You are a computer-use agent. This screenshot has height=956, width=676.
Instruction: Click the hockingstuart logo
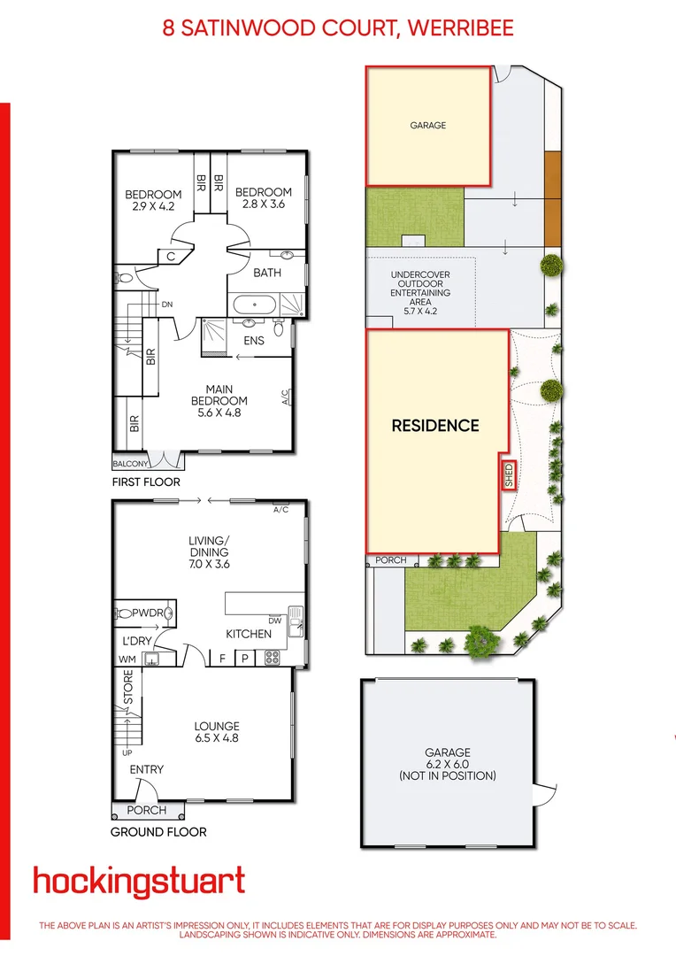(139, 881)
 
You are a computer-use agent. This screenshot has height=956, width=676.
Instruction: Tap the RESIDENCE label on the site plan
(435, 426)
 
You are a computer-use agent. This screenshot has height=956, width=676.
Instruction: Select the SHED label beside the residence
(509, 475)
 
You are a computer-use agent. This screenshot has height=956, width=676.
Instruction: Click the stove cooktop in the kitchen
(272, 658)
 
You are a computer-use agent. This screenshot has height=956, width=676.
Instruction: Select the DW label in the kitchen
(274, 621)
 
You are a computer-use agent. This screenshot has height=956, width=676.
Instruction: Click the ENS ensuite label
(254, 340)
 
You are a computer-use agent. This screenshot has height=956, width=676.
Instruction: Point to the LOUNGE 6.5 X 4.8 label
(217, 732)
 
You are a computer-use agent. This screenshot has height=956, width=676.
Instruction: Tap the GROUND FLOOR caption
(158, 832)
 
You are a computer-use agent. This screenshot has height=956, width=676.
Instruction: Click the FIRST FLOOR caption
(146, 482)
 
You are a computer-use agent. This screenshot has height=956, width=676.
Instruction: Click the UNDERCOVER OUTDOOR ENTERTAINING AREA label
(420, 293)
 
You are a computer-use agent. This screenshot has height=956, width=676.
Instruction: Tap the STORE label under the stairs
(128, 688)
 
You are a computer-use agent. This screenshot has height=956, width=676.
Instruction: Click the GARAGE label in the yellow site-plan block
(427, 126)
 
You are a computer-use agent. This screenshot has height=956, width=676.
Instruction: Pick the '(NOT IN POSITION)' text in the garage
(447, 775)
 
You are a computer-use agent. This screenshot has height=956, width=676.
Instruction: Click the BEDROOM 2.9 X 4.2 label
(153, 200)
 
